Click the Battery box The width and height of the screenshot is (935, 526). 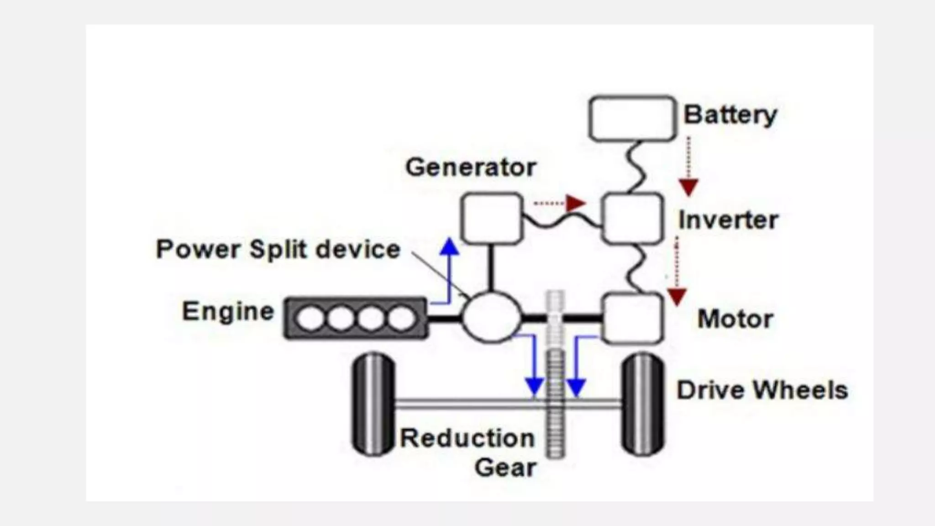[x=632, y=118]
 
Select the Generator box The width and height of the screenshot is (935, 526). [x=491, y=218]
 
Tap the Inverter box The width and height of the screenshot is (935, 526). [x=632, y=218]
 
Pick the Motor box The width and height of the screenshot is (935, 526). [x=632, y=318]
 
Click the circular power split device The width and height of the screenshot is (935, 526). [x=491, y=317]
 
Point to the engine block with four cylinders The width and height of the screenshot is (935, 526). [x=356, y=318]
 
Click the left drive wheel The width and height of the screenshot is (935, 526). [x=373, y=404]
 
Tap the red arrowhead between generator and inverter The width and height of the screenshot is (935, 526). [x=575, y=203]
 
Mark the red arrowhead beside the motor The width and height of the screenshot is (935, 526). [x=677, y=297]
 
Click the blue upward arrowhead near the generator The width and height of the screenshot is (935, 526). [x=450, y=247]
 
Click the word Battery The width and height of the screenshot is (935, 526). [x=730, y=115]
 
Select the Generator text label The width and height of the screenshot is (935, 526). [x=471, y=167]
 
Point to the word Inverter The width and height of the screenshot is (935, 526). [x=728, y=220]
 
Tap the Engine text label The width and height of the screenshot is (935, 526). [x=228, y=312]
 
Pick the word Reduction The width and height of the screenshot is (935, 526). [x=467, y=438]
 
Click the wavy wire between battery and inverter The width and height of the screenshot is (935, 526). [x=636, y=167]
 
